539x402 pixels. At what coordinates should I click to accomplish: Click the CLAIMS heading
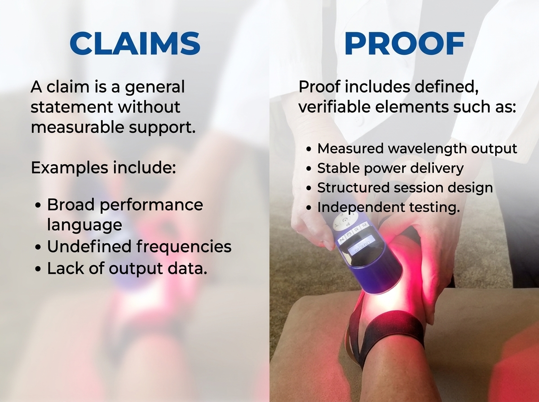[135, 43]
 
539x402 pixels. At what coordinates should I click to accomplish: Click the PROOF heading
[405, 43]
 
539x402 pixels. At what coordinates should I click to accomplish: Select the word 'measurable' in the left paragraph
[78, 127]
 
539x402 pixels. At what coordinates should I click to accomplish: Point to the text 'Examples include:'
[103, 168]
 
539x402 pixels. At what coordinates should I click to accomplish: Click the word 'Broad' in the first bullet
[71, 205]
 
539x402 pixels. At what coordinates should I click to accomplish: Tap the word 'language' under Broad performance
[84, 225]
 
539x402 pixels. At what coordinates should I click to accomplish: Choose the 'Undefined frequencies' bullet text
[139, 246]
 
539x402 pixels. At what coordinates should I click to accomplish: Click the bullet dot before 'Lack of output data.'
[38, 269]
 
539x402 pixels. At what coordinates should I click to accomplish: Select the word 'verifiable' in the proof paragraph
[335, 107]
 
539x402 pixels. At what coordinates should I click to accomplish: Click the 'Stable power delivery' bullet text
[390, 168]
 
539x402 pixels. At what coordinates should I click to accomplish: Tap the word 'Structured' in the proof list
[353, 188]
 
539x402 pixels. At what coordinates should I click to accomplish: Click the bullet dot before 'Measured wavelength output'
[309, 149]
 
